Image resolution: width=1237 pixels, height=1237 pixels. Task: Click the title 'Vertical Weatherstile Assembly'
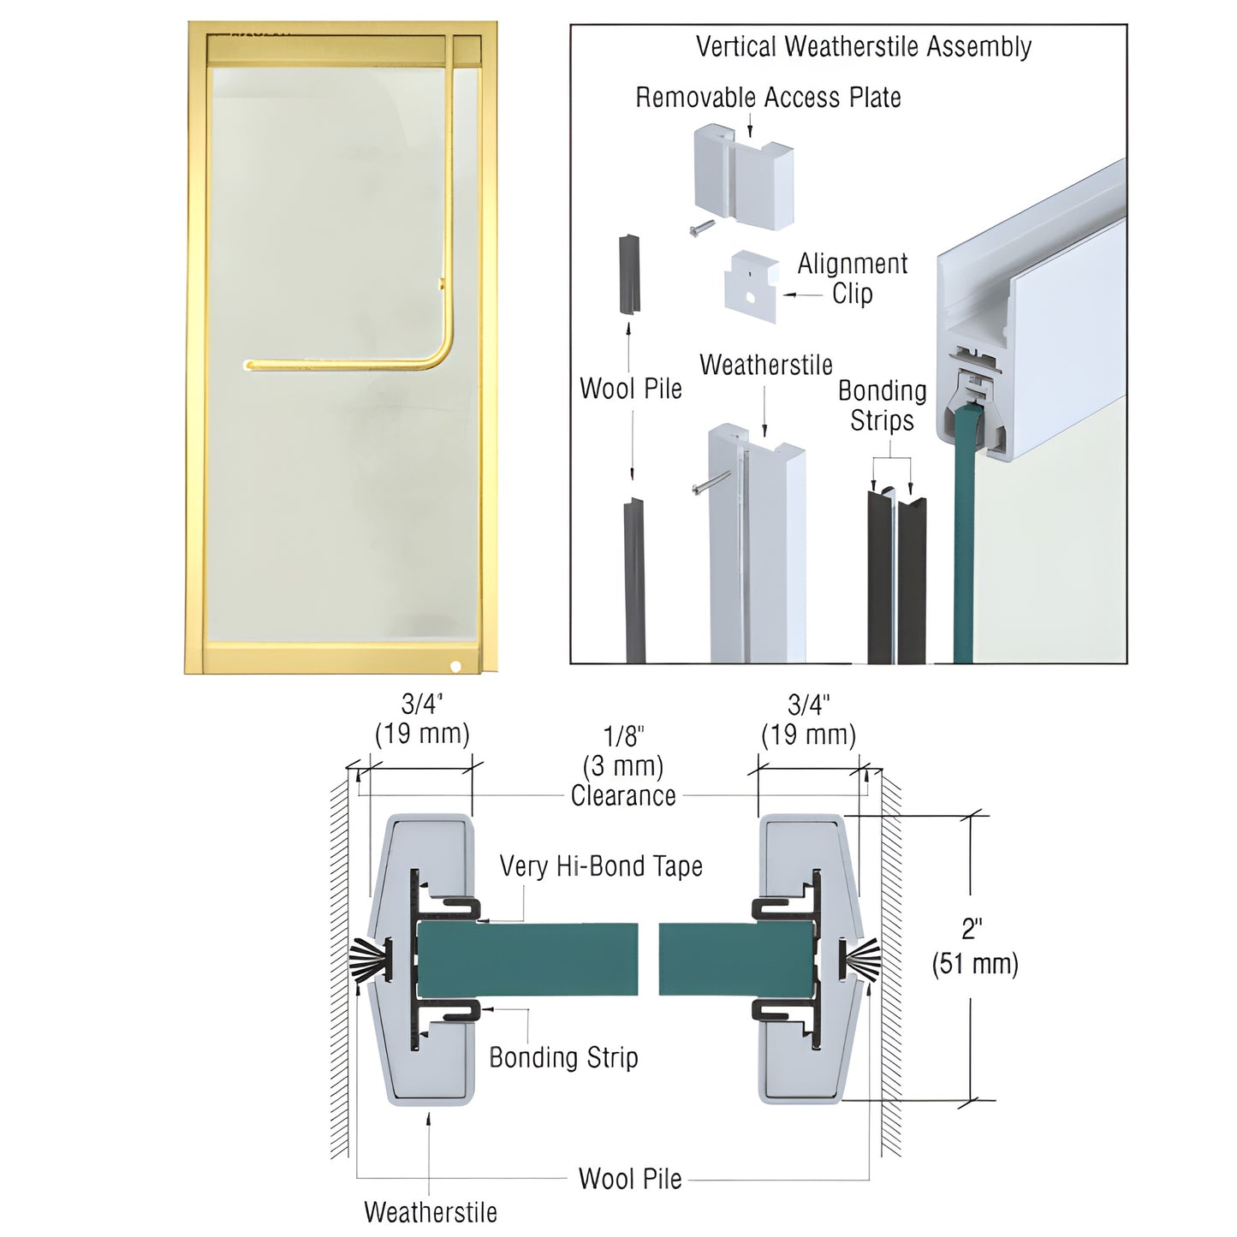coord(863,46)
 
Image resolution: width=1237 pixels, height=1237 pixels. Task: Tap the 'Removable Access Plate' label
coord(768,98)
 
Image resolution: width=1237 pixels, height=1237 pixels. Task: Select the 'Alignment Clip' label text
coord(852,278)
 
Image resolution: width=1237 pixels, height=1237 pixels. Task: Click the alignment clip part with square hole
coord(751,286)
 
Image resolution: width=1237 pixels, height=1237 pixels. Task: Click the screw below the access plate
coord(700,228)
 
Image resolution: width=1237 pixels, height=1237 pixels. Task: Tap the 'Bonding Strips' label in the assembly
coord(882,406)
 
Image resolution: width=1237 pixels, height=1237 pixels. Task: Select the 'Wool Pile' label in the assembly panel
coord(630,389)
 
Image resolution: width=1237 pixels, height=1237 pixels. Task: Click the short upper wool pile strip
coord(629,274)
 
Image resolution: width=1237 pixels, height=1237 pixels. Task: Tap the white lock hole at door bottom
coord(455,666)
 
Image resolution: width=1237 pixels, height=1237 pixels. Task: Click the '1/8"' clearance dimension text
coord(623,736)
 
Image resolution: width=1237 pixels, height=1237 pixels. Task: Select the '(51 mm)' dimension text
coord(975,964)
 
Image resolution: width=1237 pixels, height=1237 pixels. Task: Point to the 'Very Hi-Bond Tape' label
coord(601,866)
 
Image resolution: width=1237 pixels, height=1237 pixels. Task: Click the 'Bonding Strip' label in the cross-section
coord(563,1057)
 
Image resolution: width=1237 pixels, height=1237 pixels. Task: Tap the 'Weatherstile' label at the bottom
coord(430,1212)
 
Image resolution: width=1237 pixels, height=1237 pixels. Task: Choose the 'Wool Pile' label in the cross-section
coord(630,1179)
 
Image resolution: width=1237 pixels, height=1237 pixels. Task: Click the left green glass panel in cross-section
coord(526,959)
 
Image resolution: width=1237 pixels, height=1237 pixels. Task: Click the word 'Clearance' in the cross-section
coord(623,796)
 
